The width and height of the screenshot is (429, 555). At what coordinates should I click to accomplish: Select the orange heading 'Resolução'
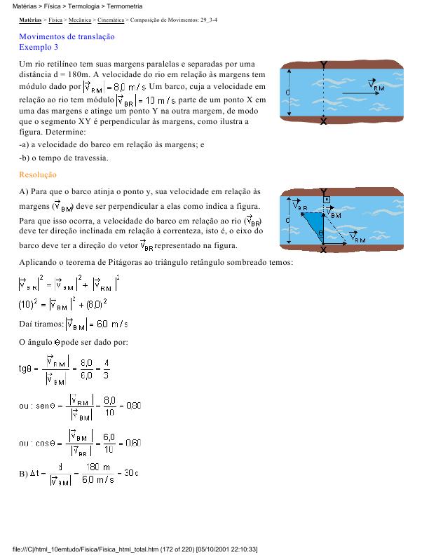click(38, 174)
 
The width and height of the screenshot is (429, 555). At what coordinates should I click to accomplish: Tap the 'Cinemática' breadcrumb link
click(111, 22)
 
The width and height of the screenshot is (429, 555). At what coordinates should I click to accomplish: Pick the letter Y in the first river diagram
click(323, 65)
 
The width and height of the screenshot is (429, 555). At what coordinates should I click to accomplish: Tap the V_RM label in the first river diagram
click(379, 88)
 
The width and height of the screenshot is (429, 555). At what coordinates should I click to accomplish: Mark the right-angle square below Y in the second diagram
click(326, 200)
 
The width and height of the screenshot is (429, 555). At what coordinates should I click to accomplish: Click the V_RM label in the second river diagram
click(357, 240)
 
